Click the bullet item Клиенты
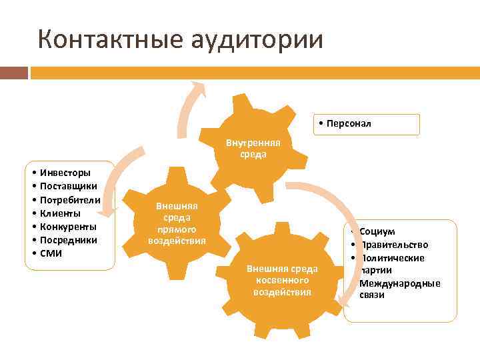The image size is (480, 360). [x=61, y=213]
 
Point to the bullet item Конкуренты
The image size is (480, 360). [x=69, y=227]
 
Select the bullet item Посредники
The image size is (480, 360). [x=69, y=240]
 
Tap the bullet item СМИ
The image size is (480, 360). [x=52, y=253]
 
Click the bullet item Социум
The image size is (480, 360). [x=377, y=231]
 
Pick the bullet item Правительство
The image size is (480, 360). [x=394, y=245]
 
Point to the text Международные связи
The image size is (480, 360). [x=399, y=289]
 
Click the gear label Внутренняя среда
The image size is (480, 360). [x=253, y=149]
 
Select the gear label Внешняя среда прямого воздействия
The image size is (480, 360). [x=177, y=223]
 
